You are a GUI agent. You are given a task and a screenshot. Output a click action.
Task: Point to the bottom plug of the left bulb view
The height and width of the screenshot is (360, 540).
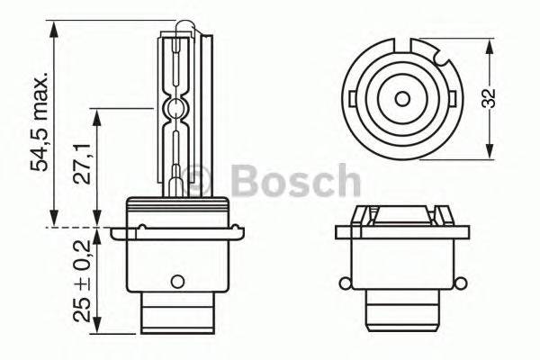click(x=180, y=327)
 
